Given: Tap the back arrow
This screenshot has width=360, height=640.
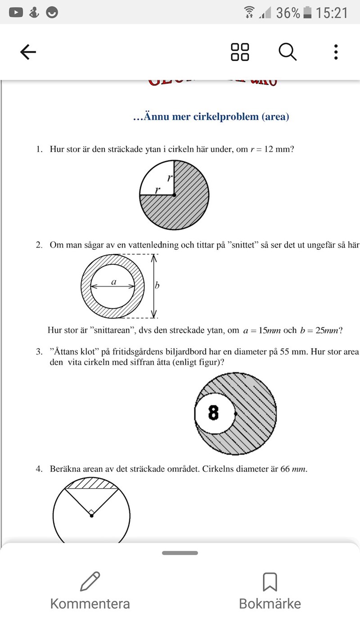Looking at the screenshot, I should [x=28, y=53].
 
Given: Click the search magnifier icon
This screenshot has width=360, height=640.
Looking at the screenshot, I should [x=288, y=52].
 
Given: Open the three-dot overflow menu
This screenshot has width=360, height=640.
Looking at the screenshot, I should [x=336, y=52].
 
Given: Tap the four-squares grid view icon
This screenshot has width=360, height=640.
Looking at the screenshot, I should [x=240, y=52].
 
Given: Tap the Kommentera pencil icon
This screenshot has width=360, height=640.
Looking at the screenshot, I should [x=90, y=581].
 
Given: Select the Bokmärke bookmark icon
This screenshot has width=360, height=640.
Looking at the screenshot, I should [x=270, y=581].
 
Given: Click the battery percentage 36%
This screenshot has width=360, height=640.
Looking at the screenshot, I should [x=288, y=13].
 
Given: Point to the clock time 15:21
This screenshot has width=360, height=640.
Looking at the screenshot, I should [x=332, y=13].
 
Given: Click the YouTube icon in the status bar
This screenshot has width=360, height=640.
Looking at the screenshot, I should [x=16, y=12].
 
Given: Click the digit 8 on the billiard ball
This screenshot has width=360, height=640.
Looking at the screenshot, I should [x=214, y=412].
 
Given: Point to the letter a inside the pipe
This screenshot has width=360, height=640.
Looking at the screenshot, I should [x=114, y=282].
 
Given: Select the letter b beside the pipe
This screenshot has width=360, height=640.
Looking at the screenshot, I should [x=157, y=285].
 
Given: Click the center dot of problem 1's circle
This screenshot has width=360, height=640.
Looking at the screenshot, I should [x=174, y=195].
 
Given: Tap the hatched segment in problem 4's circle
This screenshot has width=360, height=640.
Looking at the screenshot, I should [x=91, y=483].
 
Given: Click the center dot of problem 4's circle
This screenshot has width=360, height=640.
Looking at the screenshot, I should [x=91, y=515].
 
